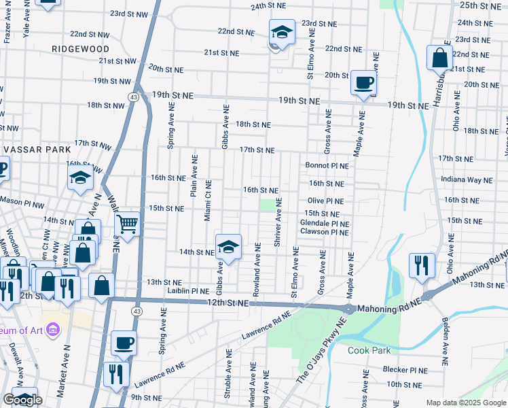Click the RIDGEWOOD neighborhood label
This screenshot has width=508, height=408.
click(x=80, y=49)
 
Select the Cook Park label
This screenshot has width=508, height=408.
click(x=369, y=351)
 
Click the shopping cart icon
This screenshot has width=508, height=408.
click(x=128, y=224)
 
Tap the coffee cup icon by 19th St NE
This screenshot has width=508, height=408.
click(x=363, y=83)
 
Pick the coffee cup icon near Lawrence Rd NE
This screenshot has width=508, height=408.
click(x=124, y=343)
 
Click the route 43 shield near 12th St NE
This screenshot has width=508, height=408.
click(x=137, y=311)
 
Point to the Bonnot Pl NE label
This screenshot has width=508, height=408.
click(x=327, y=165)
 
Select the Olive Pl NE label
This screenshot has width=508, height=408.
click(x=325, y=201)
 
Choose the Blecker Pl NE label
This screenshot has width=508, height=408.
click(x=404, y=371)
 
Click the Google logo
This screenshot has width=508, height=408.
click(x=23, y=400)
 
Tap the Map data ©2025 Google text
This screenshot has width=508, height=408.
click(x=465, y=403)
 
